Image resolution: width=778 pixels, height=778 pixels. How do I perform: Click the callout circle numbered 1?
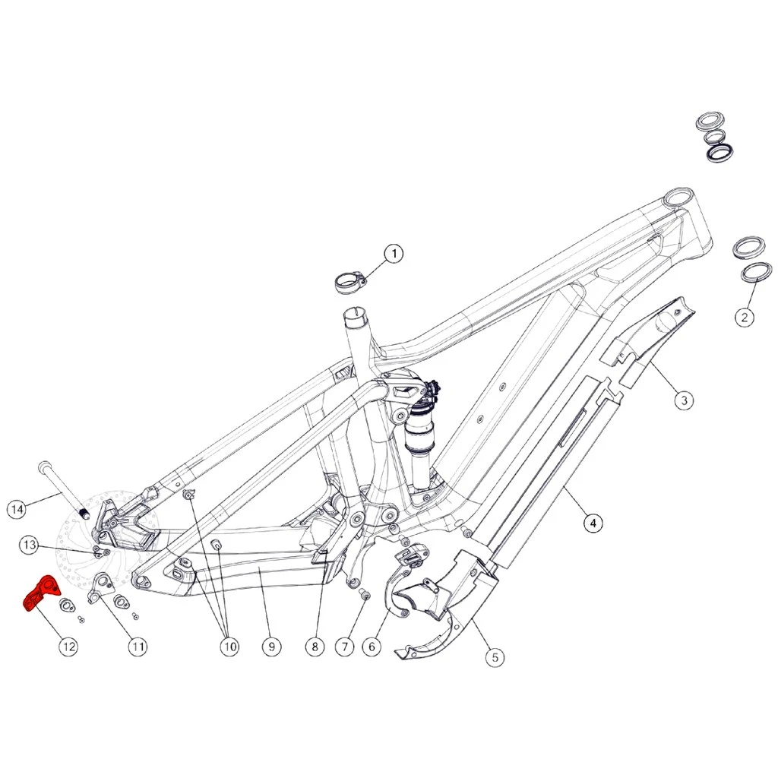(x=394, y=254)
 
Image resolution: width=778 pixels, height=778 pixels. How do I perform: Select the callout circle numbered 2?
(x=745, y=317)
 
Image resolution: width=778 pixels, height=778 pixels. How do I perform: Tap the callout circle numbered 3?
(x=685, y=400)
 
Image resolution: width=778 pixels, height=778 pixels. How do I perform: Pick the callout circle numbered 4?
(x=593, y=523)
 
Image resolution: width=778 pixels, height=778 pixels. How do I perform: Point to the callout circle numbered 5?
(x=495, y=658)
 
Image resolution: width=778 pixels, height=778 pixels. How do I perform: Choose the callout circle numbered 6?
(x=372, y=647)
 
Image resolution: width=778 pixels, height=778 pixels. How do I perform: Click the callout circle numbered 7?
(x=345, y=647)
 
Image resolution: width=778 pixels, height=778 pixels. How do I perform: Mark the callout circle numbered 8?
(x=315, y=647)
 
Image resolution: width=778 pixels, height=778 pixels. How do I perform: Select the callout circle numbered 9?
(x=271, y=647)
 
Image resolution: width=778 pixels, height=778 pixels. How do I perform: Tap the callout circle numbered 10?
(x=229, y=647)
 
